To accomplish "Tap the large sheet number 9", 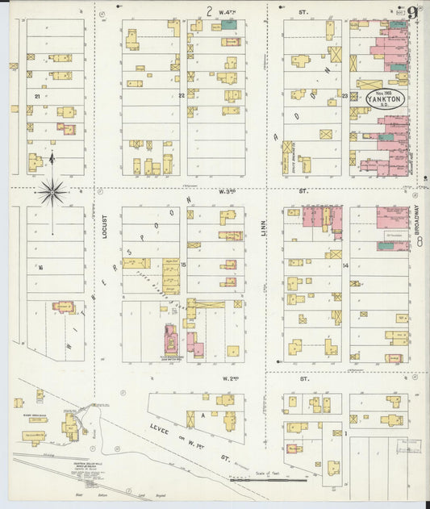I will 412,13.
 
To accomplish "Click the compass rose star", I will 52,192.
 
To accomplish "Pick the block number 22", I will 182,95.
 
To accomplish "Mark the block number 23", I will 344,96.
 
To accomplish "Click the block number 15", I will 183,265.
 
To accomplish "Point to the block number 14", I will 344,265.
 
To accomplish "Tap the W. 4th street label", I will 228,12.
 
